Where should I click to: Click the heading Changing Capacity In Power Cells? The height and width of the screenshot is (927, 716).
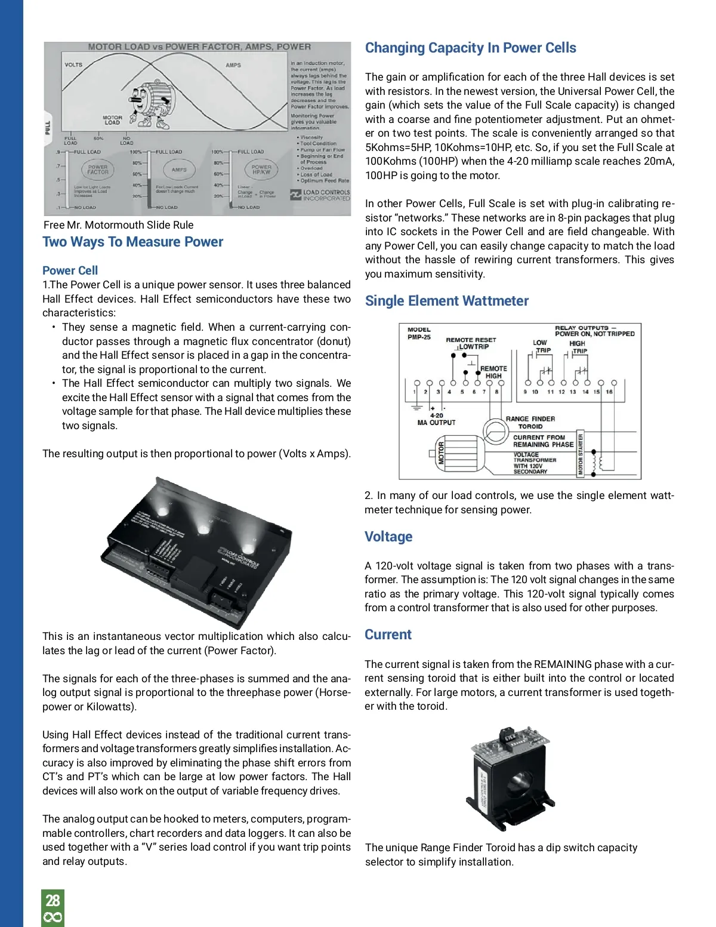(x=470, y=48)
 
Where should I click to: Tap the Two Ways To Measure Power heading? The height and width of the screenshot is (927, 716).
(x=132, y=242)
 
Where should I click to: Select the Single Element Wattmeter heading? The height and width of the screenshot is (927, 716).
(x=446, y=301)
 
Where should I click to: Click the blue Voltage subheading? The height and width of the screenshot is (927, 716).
(x=388, y=537)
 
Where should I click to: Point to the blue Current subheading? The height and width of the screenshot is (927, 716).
(x=388, y=635)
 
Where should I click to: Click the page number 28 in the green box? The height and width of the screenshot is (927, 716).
(x=53, y=900)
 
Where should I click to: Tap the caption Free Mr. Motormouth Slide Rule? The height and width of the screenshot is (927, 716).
(x=118, y=225)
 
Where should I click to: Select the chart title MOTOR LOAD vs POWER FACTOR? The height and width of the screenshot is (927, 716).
(x=199, y=47)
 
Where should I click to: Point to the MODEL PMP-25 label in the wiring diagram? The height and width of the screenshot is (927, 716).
(x=419, y=333)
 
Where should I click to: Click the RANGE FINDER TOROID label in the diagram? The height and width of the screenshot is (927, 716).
(x=530, y=423)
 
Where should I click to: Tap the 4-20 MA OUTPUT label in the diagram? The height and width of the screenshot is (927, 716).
(x=436, y=419)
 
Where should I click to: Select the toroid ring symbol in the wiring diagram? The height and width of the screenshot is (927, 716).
(x=495, y=430)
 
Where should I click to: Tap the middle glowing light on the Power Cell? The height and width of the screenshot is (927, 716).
(x=203, y=529)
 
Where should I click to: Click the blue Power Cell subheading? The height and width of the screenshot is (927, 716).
(x=70, y=270)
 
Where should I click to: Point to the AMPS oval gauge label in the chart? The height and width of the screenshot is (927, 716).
(x=179, y=170)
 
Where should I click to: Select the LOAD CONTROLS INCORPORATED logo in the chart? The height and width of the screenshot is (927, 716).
(x=320, y=195)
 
